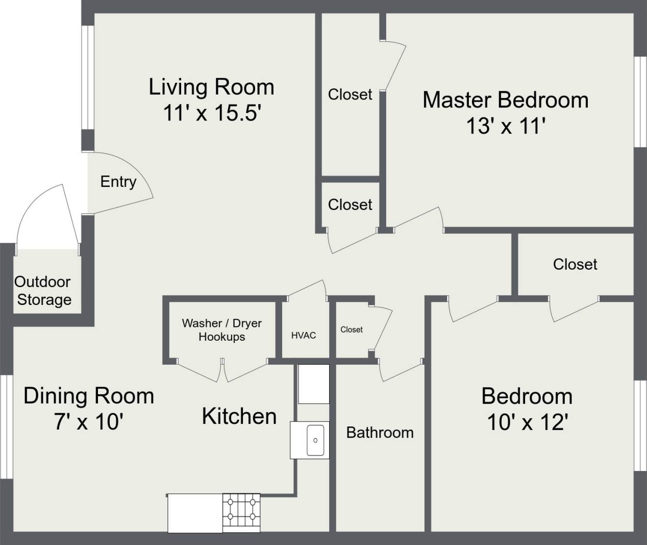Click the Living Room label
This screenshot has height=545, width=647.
(211, 87)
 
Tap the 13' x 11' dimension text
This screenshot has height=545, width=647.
(506, 126)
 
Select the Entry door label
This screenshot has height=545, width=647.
(118, 182)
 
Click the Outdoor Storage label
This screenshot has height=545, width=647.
(43, 291)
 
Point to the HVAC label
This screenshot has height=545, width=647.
(304, 336)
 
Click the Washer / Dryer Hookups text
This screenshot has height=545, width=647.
(221, 330)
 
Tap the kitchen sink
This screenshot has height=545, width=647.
(315, 440)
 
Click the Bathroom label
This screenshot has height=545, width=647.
(380, 433)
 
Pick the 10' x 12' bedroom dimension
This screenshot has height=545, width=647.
(528, 422)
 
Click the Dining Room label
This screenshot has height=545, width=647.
(89, 396)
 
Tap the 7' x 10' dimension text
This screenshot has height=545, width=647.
(89, 422)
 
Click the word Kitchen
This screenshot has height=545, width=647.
(239, 416)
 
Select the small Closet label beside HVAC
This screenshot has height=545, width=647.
(352, 330)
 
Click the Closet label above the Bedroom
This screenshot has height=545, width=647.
(575, 264)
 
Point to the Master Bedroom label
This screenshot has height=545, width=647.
(505, 100)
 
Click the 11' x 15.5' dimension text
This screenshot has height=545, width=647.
(211, 113)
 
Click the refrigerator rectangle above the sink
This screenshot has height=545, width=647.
(314, 384)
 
